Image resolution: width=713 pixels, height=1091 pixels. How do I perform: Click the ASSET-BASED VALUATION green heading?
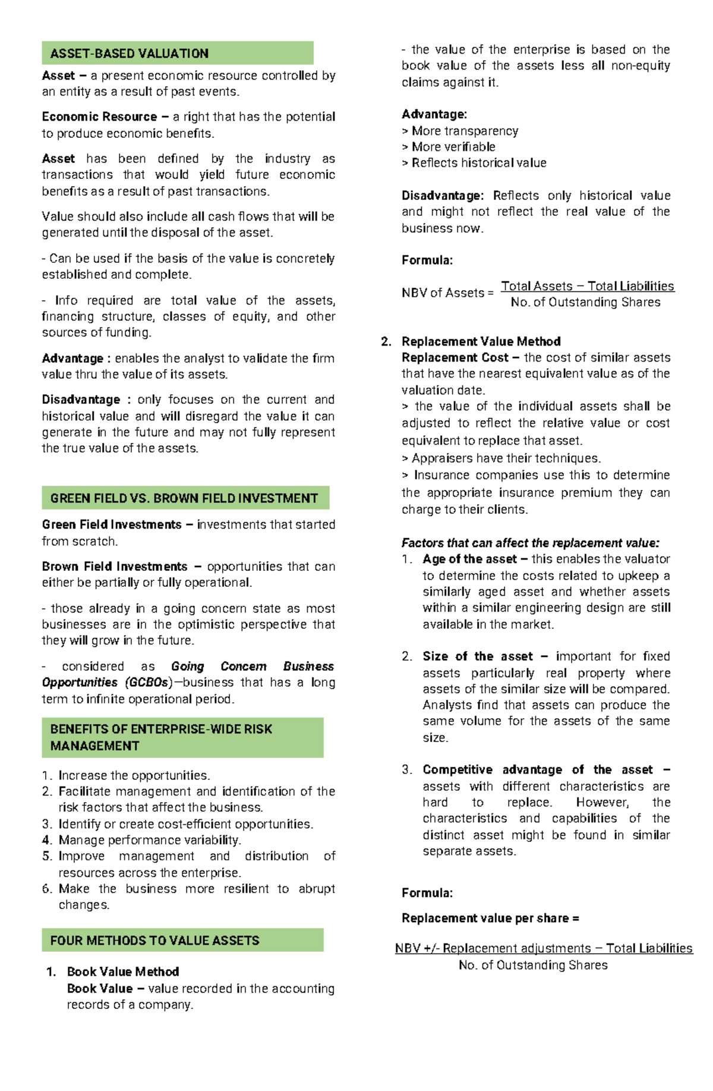[130, 54]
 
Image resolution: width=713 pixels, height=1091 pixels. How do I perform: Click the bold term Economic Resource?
[99, 117]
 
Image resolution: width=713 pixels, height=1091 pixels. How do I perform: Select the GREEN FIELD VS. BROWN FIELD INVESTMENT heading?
[184, 498]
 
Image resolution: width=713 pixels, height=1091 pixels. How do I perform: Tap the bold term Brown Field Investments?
[114, 567]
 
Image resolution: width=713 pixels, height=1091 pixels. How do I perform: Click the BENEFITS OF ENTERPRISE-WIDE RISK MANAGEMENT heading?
[161, 737]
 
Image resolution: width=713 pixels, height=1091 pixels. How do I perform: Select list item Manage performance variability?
[149, 840]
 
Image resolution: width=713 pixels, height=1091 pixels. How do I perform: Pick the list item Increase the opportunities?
[134, 775]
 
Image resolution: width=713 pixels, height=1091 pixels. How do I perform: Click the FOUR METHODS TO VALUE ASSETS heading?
[154, 941]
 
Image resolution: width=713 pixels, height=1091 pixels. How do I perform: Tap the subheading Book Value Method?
[123, 971]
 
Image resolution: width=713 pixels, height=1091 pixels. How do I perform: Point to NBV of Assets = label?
[447, 293]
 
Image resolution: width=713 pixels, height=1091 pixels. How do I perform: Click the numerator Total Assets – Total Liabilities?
[587, 286]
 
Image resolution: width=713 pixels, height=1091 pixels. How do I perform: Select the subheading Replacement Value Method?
[481, 341]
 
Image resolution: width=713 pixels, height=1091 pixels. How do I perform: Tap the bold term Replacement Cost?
[455, 357]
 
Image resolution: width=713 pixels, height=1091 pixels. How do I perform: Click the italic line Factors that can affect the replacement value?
[530, 543]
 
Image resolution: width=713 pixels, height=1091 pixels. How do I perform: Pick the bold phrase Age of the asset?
[469, 559]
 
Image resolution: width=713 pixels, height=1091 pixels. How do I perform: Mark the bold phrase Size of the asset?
[478, 656]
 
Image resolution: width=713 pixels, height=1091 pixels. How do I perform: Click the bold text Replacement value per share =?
[490, 918]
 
